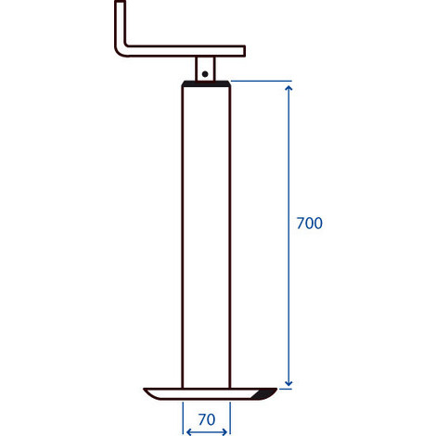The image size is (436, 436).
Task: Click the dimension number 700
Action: coord(309,224)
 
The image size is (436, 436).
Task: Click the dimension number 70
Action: coord(207,419)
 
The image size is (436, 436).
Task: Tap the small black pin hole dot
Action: coord(205,74)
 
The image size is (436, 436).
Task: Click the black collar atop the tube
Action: coord(206,83)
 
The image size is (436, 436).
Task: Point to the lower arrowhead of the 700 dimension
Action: coord(289,383)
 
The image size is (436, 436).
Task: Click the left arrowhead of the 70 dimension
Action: coord(189,431)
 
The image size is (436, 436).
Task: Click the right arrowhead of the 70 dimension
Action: coord(224,431)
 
